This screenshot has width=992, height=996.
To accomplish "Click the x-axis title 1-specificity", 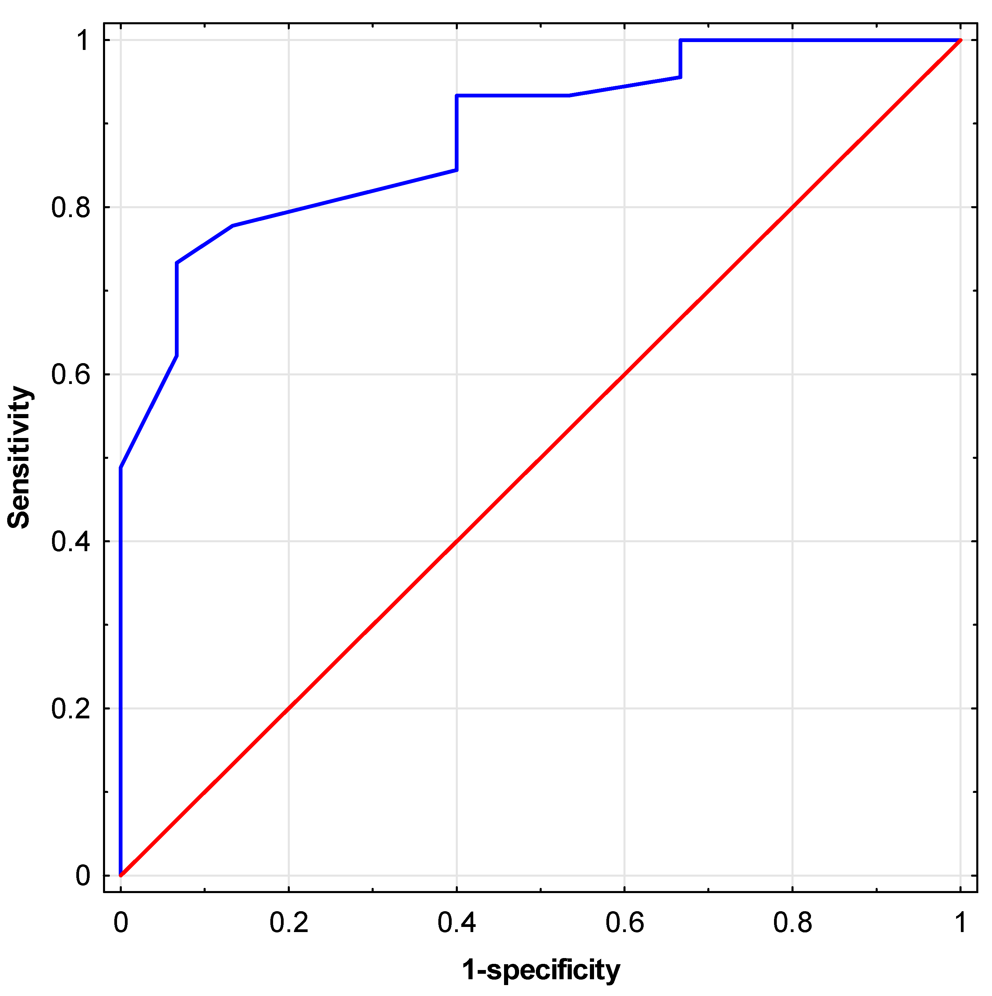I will (541, 970).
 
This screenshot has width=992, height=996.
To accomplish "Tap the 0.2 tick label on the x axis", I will (288, 923).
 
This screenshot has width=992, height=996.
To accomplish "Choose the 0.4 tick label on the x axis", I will (456, 923).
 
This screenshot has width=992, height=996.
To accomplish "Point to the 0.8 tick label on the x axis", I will (793, 923).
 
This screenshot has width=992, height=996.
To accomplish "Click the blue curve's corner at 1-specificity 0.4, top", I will (456, 95).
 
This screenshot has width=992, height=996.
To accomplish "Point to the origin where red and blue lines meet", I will (121, 875).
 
